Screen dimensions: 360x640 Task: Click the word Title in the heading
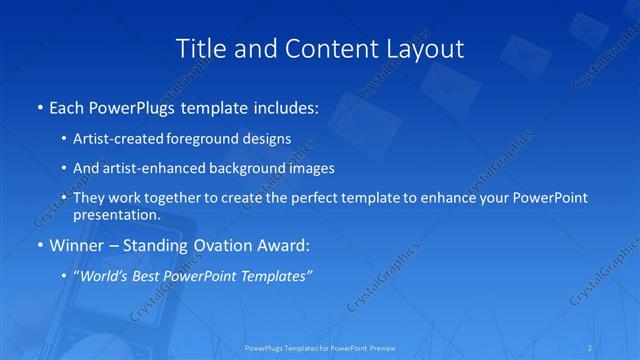pyautogui.click(x=199, y=47)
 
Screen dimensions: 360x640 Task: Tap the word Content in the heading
pyautogui.click(x=321, y=47)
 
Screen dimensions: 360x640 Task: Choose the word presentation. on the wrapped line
pyautogui.click(x=117, y=214)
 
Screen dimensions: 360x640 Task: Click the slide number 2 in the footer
pyautogui.click(x=591, y=348)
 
